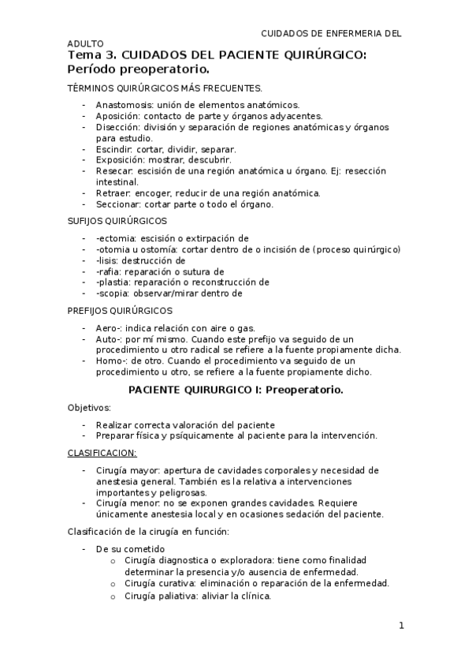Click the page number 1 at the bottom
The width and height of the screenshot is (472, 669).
(x=401, y=626)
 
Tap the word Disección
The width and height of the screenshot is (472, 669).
(x=117, y=127)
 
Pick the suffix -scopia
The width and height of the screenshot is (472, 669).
(x=112, y=293)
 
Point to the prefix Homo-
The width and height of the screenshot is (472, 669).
(x=112, y=361)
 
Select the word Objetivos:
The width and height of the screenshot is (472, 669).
(x=90, y=407)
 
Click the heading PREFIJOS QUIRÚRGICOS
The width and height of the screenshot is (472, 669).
(x=120, y=311)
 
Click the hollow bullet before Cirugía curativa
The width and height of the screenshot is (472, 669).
(x=115, y=584)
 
